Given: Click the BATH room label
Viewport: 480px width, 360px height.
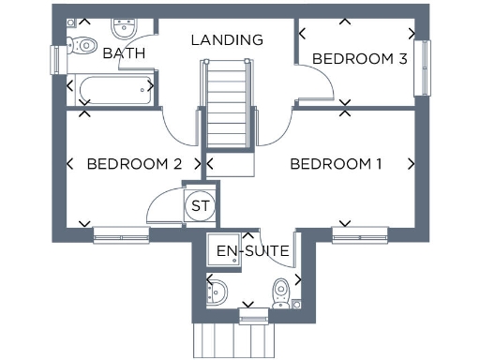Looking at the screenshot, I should point(125,53).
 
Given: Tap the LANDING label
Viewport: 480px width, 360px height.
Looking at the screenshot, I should point(227,40).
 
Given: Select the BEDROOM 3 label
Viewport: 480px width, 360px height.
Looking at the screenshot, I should point(359,59).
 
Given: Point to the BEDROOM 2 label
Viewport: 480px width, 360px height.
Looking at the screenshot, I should point(134,164).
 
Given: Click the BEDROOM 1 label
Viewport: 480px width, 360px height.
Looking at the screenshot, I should point(336,164).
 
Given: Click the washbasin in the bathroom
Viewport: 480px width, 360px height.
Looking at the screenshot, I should point(123,27).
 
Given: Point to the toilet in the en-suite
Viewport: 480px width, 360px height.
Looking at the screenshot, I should point(282,290).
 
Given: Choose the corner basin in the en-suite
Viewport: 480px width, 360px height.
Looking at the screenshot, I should point(216,292).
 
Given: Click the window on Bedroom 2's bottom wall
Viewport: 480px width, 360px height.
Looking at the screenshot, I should point(121,233).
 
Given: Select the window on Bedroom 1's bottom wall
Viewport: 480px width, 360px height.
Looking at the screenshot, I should point(360,233).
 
